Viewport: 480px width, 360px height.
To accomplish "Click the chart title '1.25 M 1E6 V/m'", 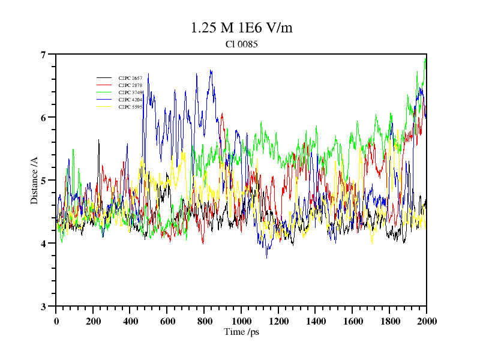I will click(241, 28).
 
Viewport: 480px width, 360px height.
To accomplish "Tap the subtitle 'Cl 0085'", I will click(241, 44).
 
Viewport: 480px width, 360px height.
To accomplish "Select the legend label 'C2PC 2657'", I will click(130, 79).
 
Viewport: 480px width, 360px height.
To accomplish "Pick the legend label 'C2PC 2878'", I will click(130, 86).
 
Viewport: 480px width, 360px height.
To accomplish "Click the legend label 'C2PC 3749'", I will click(130, 92).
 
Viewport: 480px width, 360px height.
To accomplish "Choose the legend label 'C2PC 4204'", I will click(130, 100).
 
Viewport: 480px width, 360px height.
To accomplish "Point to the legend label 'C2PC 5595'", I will click(130, 107).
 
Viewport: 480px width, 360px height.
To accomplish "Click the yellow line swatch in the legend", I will click(104, 107).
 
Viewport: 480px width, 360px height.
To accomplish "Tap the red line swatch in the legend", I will click(104, 86).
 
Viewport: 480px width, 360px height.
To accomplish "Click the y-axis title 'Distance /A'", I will click(34, 180).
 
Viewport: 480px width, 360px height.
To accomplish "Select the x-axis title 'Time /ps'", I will click(241, 332).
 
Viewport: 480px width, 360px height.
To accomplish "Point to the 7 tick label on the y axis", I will click(43, 55).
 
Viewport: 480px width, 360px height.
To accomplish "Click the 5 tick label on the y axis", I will click(43, 181).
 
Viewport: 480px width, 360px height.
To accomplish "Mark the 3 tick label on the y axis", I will click(43, 307).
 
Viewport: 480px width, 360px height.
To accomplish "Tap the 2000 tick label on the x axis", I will click(426, 321).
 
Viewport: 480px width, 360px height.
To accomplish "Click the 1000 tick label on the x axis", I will click(241, 321).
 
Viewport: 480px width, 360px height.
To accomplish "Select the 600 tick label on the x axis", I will click(167, 321).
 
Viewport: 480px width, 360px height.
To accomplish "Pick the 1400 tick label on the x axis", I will click(315, 321).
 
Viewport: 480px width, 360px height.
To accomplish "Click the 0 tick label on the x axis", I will click(56, 321).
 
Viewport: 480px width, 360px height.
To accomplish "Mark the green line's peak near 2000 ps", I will click(425, 58).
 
